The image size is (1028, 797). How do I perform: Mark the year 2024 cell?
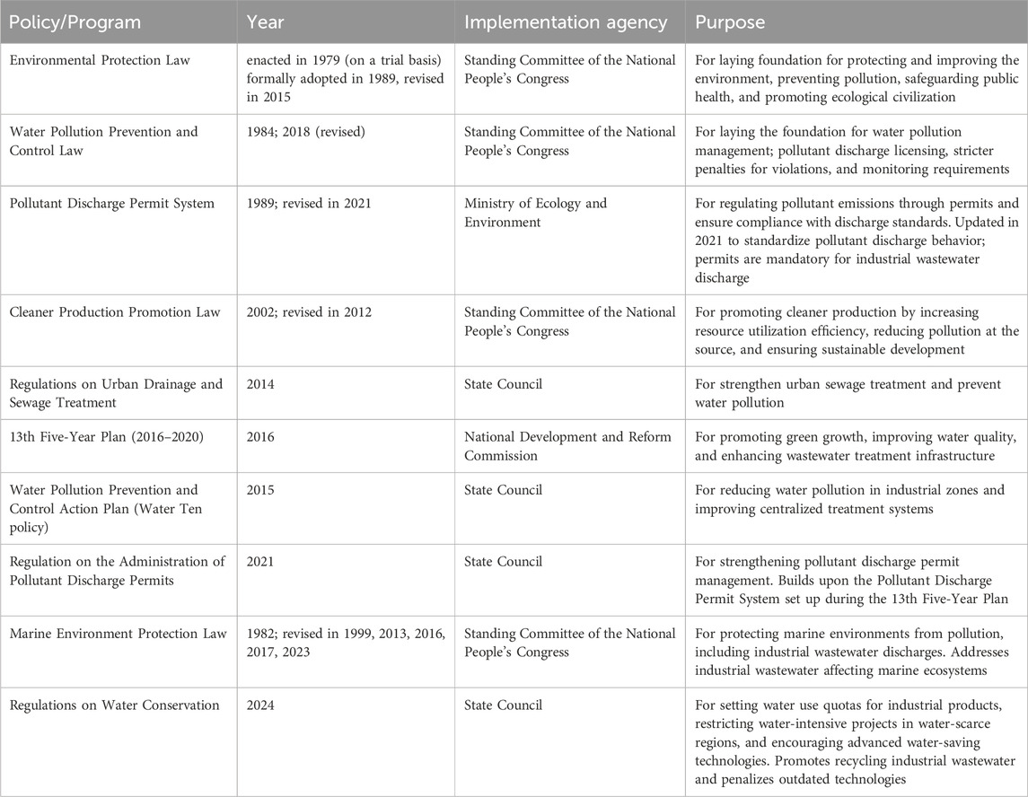pyautogui.click(x=262, y=705)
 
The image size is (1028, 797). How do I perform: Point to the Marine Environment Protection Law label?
pyautogui.click(x=118, y=634)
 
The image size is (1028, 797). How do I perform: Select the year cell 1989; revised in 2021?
pyautogui.click(x=308, y=204)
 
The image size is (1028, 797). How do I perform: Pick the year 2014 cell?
pyautogui.click(x=262, y=384)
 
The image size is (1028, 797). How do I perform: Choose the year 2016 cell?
pyautogui.click(x=262, y=437)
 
